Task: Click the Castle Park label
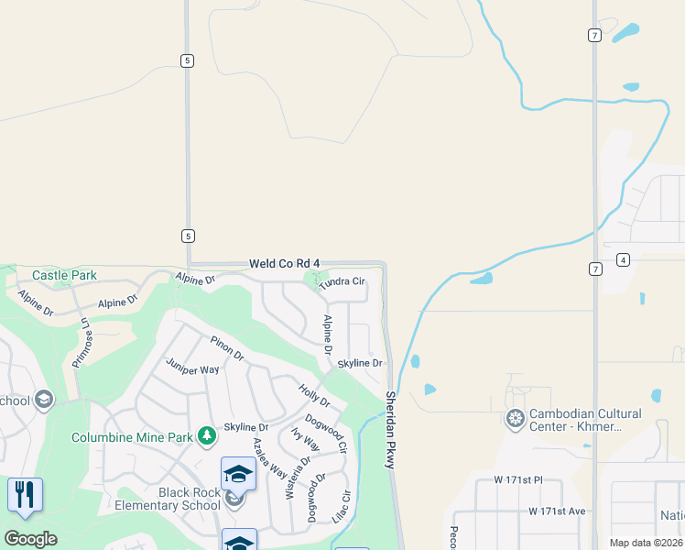(64, 275)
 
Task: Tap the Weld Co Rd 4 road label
(285, 264)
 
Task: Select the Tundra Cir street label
(342, 282)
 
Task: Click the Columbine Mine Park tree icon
(208, 434)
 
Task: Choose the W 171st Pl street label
(518, 479)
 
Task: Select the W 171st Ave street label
(557, 511)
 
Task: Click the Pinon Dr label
(227, 348)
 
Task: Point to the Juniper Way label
(192, 368)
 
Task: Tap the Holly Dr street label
(314, 397)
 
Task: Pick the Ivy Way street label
(305, 440)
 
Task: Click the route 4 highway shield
(623, 259)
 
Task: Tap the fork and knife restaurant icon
(25, 495)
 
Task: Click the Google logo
(30, 539)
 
